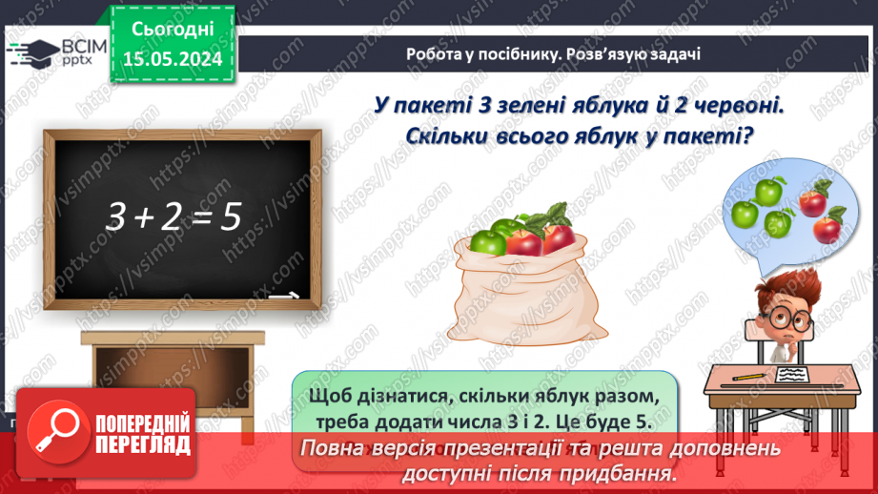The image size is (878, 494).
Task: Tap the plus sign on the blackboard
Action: (x=143, y=219)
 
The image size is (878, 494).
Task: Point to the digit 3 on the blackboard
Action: (x=116, y=217)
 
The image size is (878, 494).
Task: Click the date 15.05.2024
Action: (x=173, y=59)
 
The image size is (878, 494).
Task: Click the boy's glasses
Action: (x=786, y=314)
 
